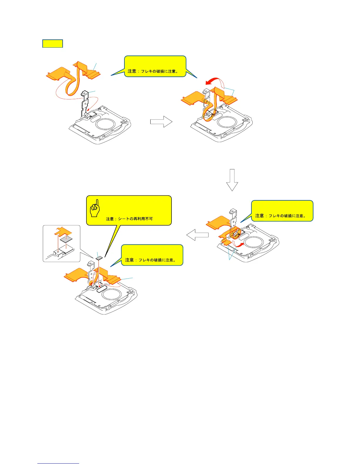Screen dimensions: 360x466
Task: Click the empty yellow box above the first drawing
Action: click(x=53, y=44)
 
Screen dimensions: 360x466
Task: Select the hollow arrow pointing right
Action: click(x=161, y=122)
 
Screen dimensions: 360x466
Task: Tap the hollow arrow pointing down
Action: click(x=232, y=180)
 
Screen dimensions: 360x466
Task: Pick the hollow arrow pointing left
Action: click(x=197, y=235)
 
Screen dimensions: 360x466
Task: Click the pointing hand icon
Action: click(x=95, y=209)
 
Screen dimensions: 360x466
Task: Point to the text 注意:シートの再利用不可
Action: click(x=129, y=219)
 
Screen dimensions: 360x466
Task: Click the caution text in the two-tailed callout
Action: click(x=153, y=71)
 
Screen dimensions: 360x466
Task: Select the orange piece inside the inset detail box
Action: click(x=63, y=231)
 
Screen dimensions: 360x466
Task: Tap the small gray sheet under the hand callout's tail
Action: click(x=99, y=258)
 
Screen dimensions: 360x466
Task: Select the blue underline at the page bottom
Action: click(x=58, y=464)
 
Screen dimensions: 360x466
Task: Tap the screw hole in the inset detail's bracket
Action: click(x=59, y=252)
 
